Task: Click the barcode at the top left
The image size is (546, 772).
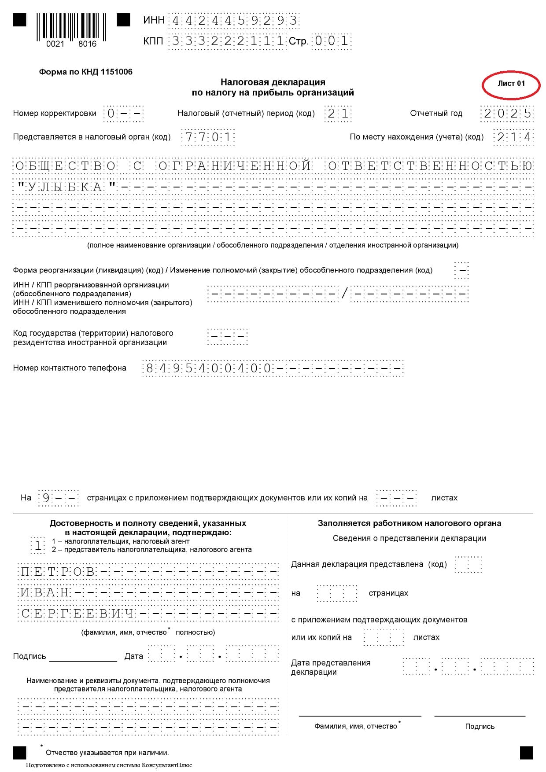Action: [x=72, y=29]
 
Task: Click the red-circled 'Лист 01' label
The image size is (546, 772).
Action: [x=511, y=84]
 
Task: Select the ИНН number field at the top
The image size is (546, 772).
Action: [x=234, y=21]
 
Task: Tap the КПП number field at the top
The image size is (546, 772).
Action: [x=227, y=41]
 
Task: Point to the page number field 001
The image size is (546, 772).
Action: [x=331, y=41]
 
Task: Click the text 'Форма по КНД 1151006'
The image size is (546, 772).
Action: [x=85, y=72]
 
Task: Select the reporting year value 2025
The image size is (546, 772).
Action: [x=507, y=114]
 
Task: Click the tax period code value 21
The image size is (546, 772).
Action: [x=338, y=114]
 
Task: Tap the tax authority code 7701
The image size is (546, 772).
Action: [x=208, y=137]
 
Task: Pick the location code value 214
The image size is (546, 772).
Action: [x=513, y=137]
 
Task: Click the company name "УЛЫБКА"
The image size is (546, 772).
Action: [x=66, y=187]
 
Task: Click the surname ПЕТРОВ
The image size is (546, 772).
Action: [x=58, y=572]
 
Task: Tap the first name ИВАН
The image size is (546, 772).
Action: [x=45, y=592]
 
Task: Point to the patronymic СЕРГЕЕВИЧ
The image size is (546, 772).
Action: [x=77, y=613]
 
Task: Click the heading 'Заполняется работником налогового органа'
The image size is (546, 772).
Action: [x=409, y=523]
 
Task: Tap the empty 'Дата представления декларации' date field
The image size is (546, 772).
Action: [x=468, y=666]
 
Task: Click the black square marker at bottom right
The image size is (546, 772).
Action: [x=526, y=753]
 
